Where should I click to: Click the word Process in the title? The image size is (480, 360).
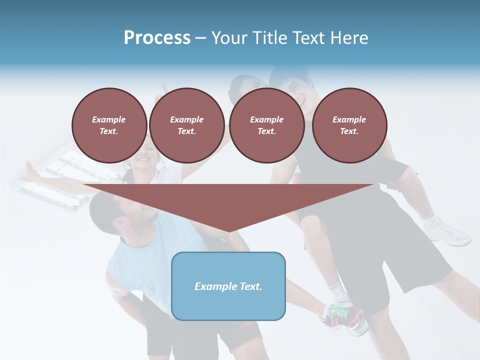click(157, 37)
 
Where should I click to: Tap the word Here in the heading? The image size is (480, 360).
click(349, 37)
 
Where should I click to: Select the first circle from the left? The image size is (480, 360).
click(109, 125)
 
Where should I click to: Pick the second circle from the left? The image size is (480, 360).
click(186, 125)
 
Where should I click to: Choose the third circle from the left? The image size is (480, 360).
click(266, 125)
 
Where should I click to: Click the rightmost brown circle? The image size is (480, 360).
click(349, 125)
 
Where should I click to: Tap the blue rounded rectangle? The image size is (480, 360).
click(228, 286)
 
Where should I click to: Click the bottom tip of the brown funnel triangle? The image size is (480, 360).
click(228, 230)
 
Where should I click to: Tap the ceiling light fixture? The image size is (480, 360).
click(50, 182)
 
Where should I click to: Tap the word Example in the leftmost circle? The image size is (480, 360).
click(109, 119)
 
